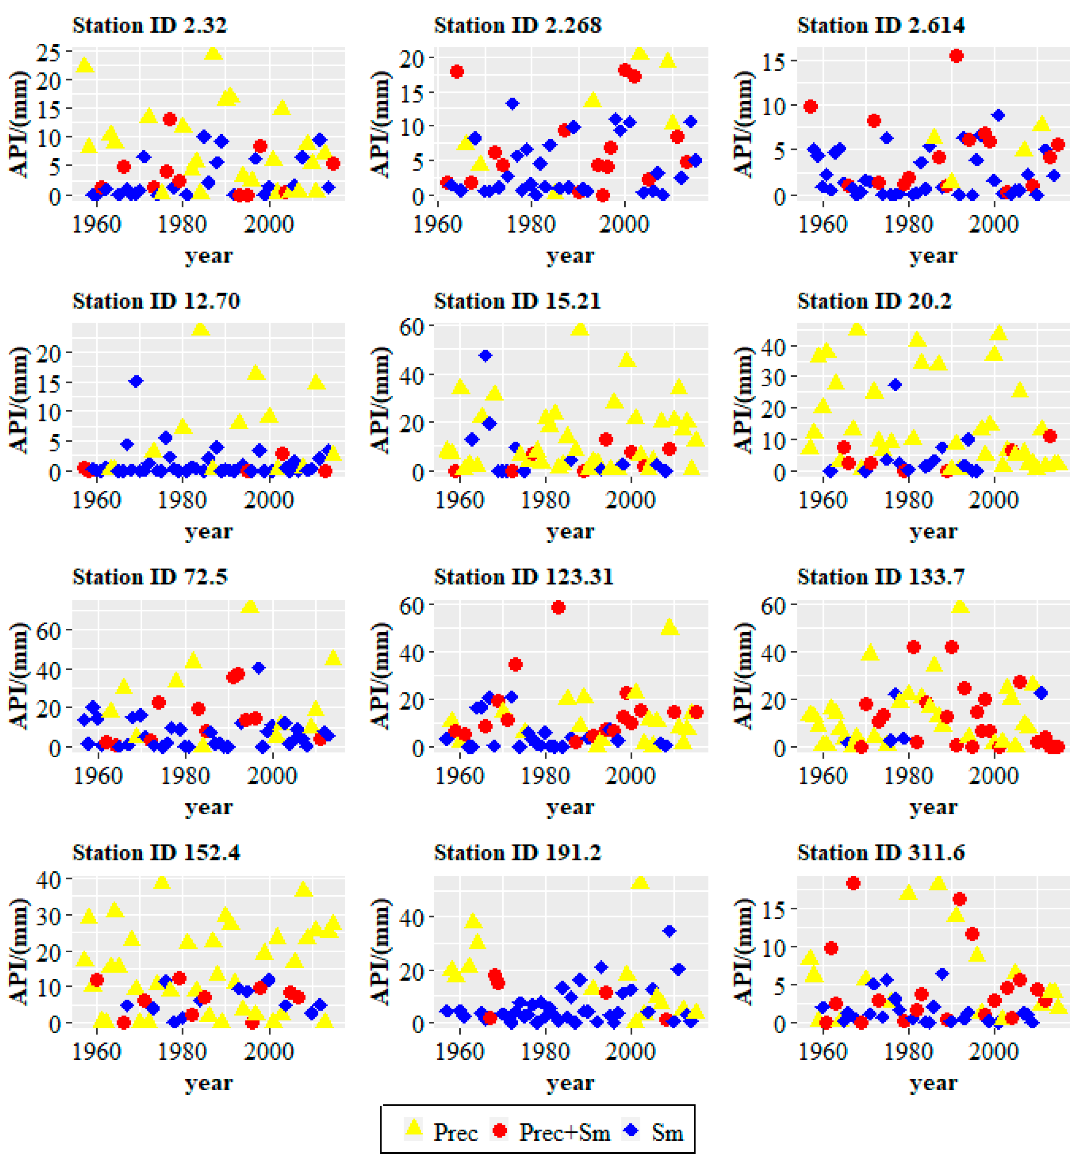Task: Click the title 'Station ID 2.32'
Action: [149, 25]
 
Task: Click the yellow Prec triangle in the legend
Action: [414, 1128]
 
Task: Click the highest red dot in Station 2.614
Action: [956, 56]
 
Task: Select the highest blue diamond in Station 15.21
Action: [485, 356]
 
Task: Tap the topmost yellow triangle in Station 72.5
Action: [250, 606]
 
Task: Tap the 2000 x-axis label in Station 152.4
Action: [269, 1051]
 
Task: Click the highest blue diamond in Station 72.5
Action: [259, 668]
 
